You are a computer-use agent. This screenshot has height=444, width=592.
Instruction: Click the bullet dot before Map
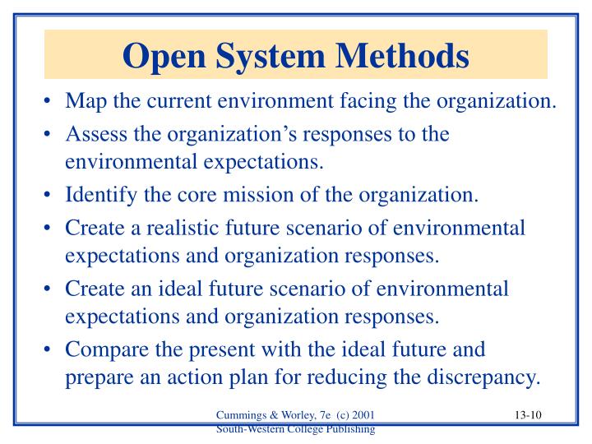click(51, 102)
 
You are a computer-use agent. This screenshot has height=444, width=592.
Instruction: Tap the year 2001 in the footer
click(372, 417)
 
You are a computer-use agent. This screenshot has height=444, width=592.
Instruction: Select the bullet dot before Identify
click(51, 196)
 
